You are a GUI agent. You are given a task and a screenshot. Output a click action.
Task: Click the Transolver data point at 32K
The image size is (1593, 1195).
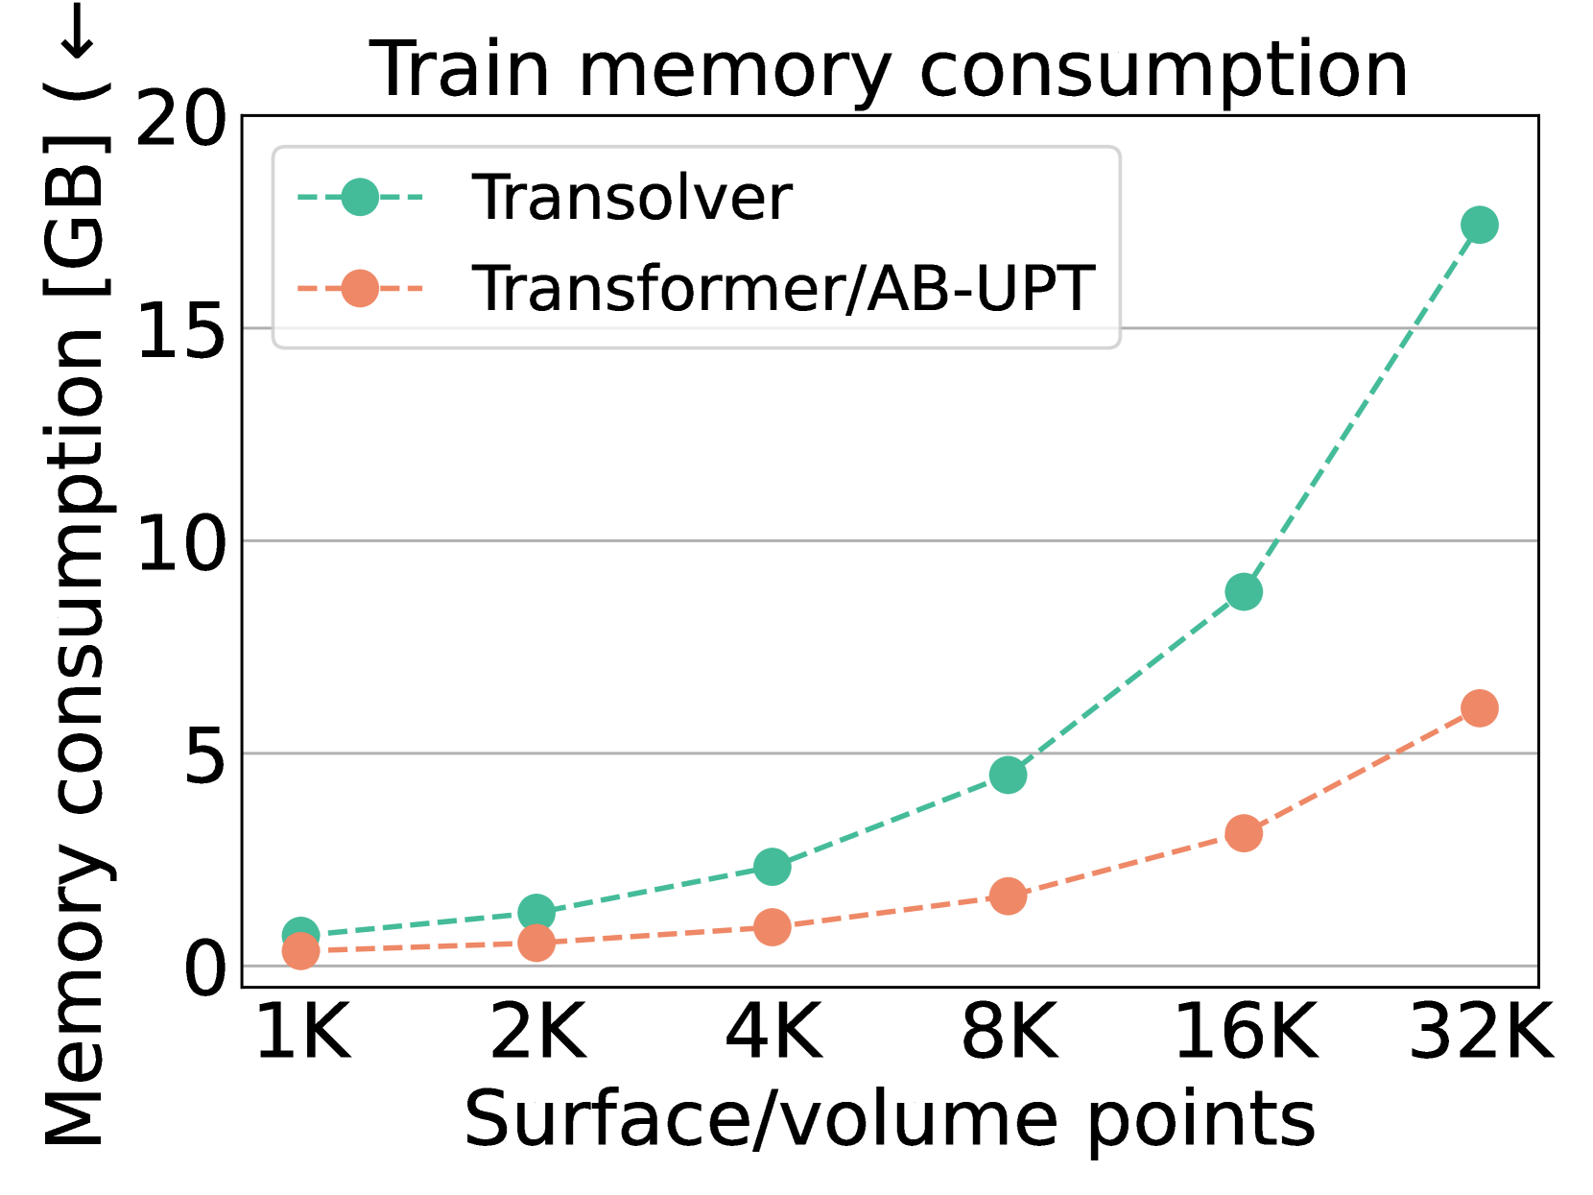coord(1479,225)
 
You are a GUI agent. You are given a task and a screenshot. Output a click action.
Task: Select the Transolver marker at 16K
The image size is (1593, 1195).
coord(1244,592)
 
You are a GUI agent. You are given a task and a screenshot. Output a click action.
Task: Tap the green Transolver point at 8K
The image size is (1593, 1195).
coord(1008,775)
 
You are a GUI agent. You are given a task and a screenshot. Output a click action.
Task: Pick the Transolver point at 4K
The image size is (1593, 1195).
coord(772,867)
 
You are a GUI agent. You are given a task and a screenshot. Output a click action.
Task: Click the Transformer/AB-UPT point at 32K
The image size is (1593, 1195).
coord(1479,708)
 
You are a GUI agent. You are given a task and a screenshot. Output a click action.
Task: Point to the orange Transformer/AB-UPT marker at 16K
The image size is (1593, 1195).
coord(1244,833)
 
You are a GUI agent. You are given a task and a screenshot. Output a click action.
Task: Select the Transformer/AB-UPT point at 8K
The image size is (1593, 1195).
coord(1008,896)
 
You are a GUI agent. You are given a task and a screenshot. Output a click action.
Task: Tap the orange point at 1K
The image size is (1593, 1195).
coord(300,951)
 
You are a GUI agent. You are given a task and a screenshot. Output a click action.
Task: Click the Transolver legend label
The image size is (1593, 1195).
coord(631,198)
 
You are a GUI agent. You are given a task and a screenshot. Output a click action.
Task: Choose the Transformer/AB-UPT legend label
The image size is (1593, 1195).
coord(782,288)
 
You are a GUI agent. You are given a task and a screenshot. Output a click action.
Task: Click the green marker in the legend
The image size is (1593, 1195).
coord(360,198)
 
